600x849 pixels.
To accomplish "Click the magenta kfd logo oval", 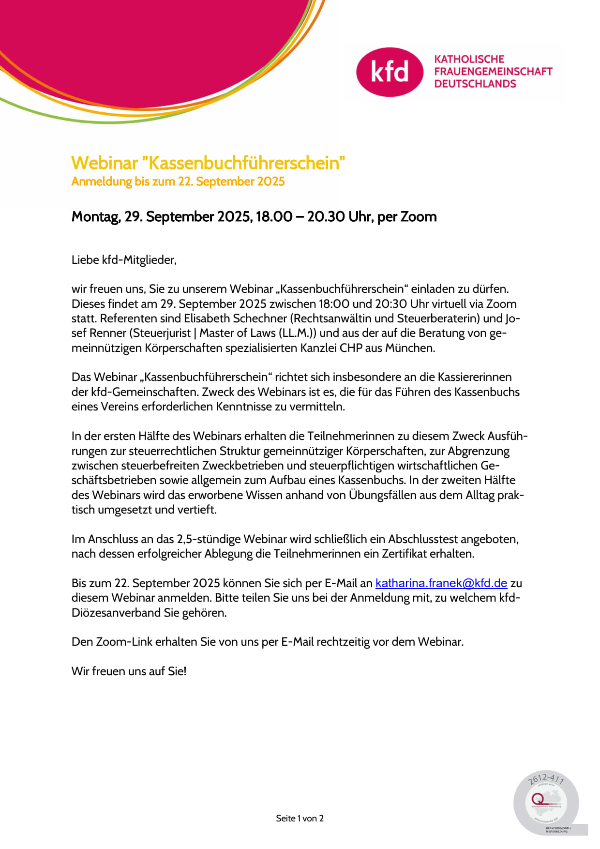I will [x=390, y=72].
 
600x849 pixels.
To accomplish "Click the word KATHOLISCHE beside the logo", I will [x=469, y=59].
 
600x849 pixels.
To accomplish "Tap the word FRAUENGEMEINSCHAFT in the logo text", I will [x=493, y=71].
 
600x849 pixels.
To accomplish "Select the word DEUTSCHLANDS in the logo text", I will [x=475, y=84].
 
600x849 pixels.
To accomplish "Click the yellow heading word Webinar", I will [x=105, y=163].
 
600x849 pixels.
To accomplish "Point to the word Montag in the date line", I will [x=95, y=216].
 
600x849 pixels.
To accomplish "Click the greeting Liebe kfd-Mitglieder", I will [x=124, y=260].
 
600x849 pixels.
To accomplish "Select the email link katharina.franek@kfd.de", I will [x=441, y=583].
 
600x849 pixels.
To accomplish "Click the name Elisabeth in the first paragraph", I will [x=207, y=318].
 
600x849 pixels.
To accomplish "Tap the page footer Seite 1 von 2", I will [x=300, y=819].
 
